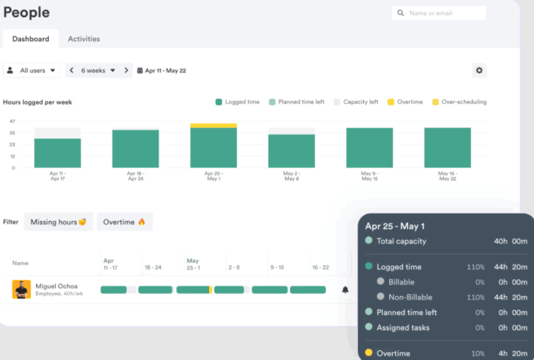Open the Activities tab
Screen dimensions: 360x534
(84, 39)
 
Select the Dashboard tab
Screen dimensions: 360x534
(31, 39)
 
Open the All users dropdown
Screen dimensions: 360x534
(32, 70)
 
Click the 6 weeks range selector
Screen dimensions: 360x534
(98, 70)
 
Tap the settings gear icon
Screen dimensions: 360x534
(479, 70)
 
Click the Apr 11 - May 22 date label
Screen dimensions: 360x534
(162, 70)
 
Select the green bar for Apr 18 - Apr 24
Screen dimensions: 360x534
(136, 149)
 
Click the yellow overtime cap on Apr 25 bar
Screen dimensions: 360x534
(214, 125)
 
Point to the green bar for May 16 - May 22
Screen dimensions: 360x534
(447, 148)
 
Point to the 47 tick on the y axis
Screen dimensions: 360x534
(12, 121)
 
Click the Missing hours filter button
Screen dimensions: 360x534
(58, 222)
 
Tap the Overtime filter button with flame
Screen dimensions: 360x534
(124, 222)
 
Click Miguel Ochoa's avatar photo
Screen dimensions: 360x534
(21, 289)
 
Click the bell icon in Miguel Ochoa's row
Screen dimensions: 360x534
(345, 290)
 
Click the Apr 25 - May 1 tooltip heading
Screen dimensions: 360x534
(405, 227)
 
